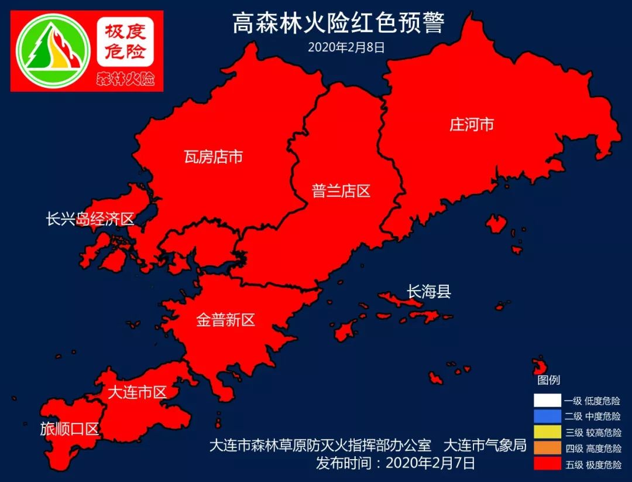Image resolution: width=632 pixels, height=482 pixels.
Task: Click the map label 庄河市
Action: (472, 125)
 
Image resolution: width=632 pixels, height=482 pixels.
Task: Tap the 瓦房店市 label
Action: (213, 157)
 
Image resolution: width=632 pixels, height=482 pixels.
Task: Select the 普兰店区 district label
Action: (341, 191)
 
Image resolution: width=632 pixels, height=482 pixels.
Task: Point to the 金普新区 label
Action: (226, 320)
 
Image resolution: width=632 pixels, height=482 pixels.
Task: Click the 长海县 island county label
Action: (429, 291)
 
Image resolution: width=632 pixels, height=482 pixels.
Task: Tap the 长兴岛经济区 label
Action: (90, 220)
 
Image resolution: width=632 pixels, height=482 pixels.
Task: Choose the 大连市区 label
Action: (138, 392)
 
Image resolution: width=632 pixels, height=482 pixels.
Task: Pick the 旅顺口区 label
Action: (69, 429)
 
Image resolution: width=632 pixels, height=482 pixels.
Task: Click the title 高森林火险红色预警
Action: (338, 24)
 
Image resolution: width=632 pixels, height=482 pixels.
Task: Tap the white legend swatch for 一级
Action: (547, 401)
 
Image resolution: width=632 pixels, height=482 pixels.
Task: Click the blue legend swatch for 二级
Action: (547, 416)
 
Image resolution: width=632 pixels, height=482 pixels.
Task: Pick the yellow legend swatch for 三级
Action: (547, 432)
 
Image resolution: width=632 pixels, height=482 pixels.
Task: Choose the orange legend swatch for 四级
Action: (547, 448)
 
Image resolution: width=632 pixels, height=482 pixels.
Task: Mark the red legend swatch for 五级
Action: (547, 464)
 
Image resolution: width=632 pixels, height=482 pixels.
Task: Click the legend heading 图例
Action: (548, 381)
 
